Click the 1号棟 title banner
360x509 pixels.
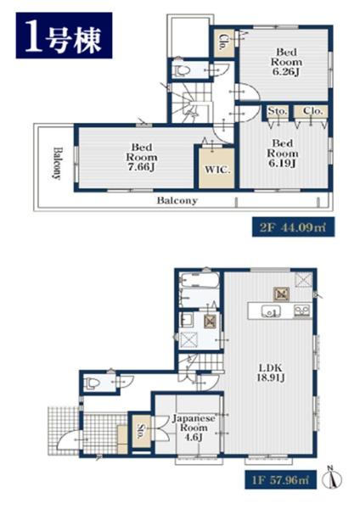64,36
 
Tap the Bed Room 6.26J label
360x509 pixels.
286,62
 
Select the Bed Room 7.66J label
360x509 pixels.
142,157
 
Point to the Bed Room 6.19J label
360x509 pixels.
282,153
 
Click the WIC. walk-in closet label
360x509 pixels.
217,170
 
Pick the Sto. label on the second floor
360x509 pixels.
278,111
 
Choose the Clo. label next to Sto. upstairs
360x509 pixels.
312,111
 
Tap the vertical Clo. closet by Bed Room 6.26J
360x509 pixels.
223,42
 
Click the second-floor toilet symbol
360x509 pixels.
183,70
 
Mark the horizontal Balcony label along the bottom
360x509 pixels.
177,200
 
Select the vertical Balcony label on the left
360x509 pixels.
57,163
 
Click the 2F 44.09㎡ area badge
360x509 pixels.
293,227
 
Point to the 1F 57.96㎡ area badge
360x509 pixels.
281,479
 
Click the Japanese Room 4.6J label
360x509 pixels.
194,428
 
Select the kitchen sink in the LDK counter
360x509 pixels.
271,311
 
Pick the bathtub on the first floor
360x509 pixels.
200,281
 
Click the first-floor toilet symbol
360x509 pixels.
92,383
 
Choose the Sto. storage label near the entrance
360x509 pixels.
141,432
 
